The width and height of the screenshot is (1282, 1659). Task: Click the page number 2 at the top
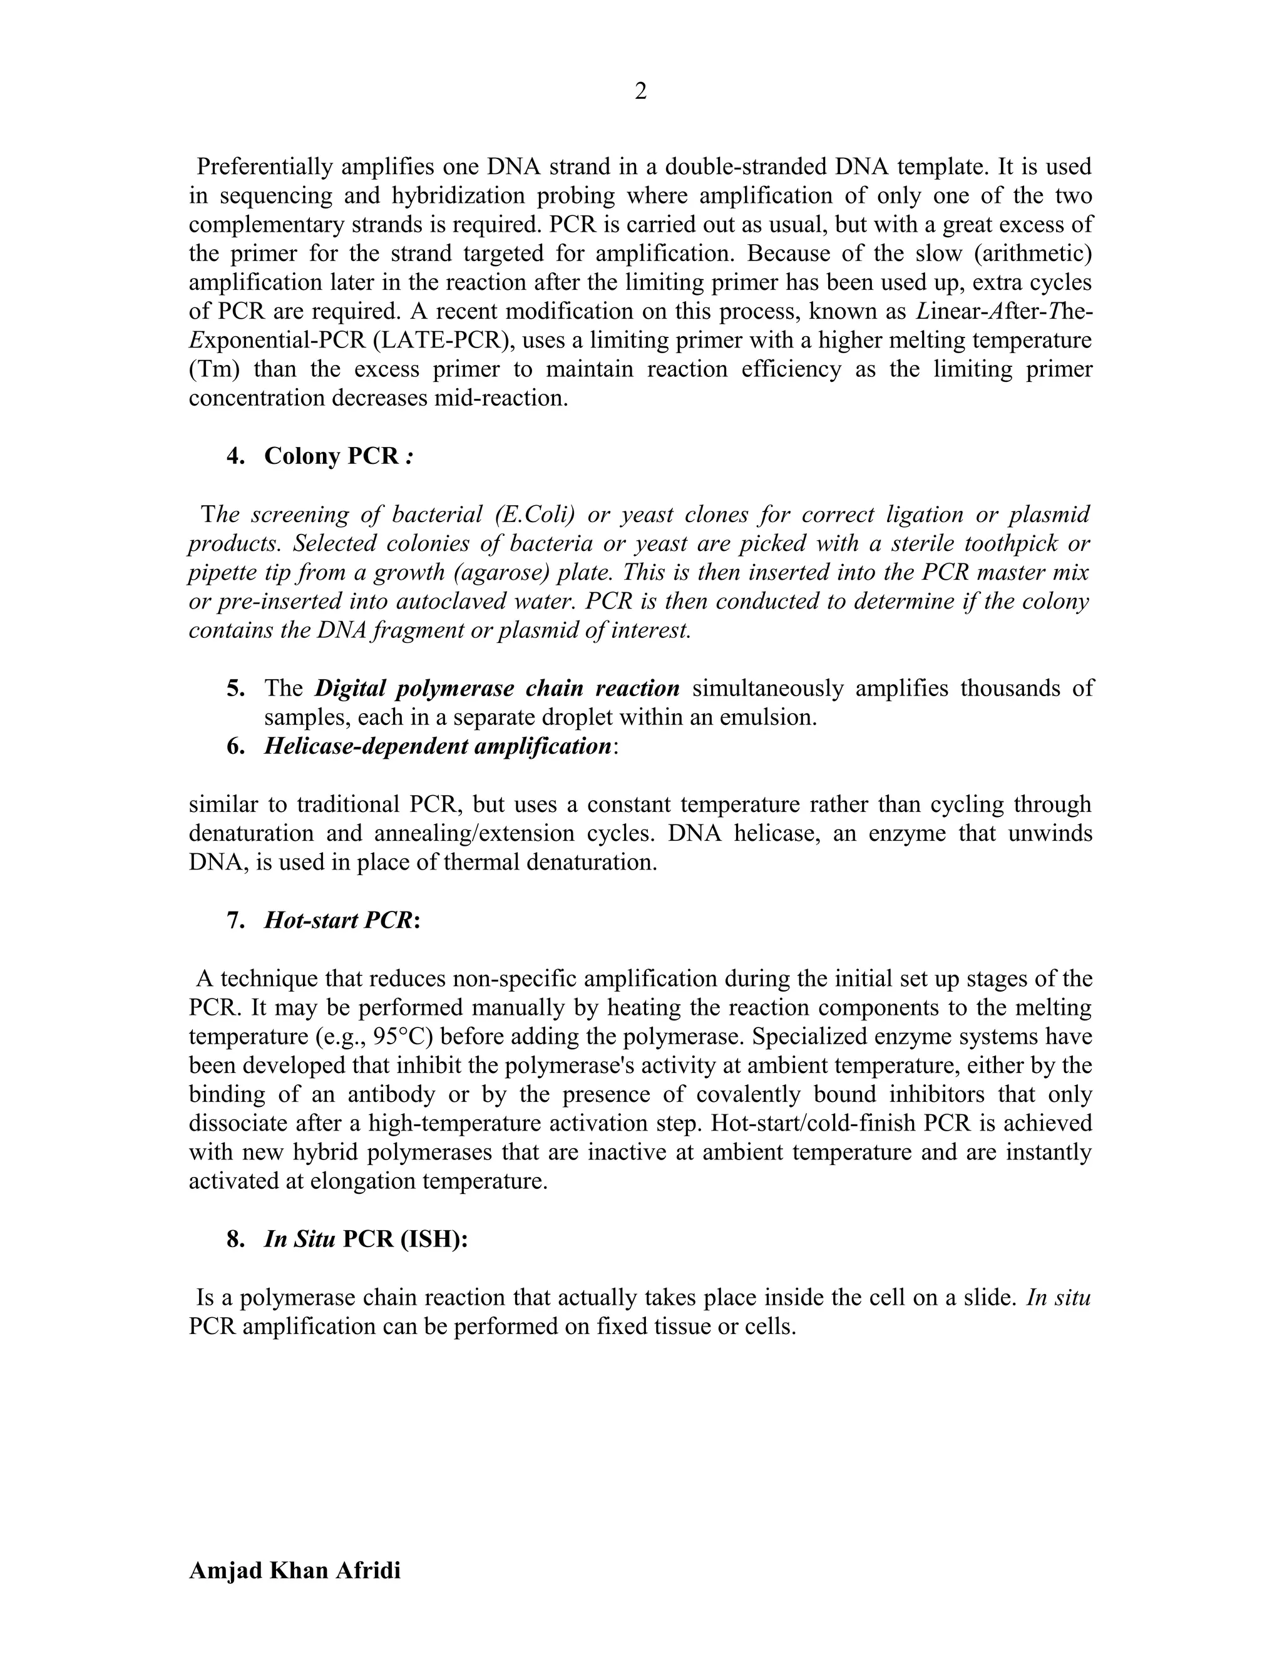pos(640,92)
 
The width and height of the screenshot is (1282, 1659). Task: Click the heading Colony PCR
pos(331,456)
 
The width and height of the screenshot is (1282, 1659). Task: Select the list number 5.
pos(235,688)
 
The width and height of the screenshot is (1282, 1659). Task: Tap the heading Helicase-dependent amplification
pos(438,746)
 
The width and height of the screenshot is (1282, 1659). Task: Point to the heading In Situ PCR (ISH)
pos(366,1239)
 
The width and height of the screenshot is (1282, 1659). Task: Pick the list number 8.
pos(235,1239)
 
